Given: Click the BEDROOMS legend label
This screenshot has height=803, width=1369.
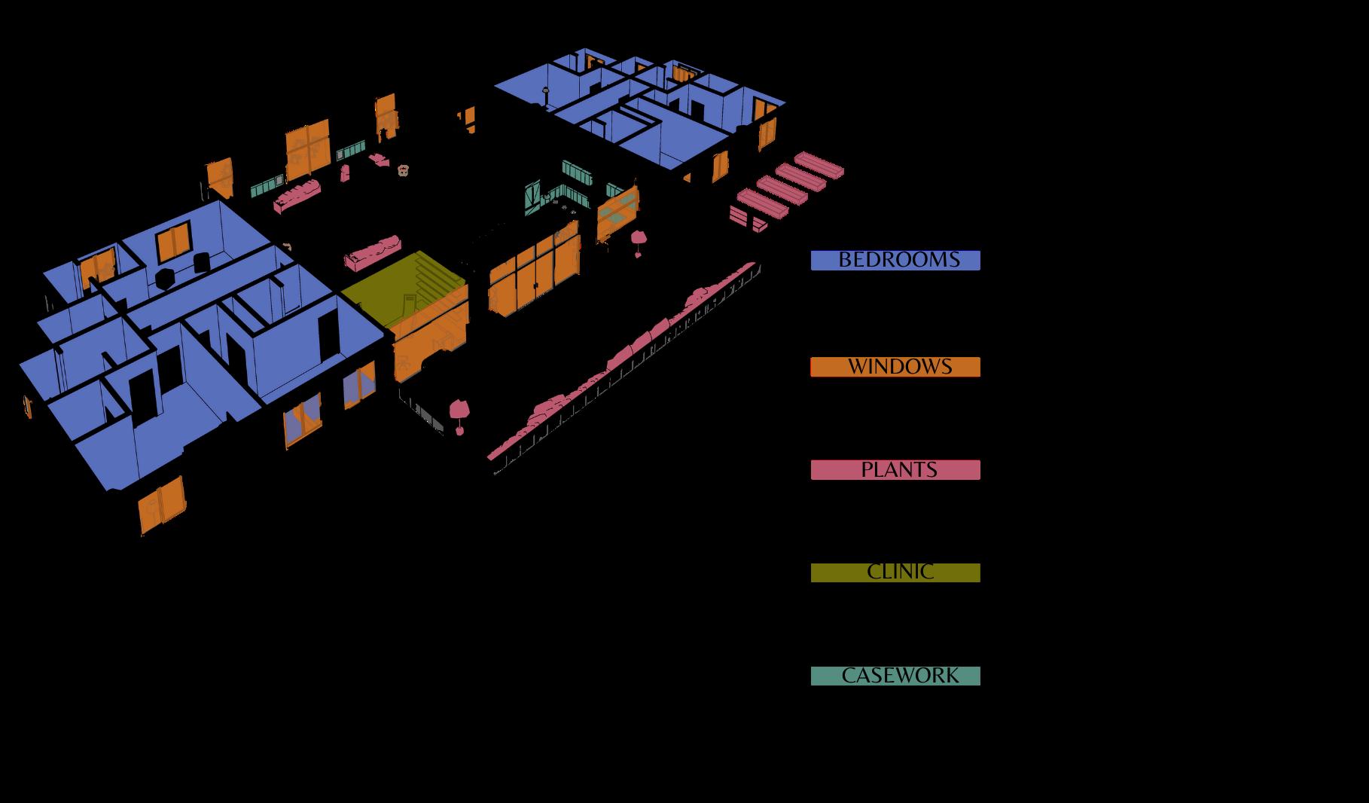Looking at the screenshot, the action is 895,261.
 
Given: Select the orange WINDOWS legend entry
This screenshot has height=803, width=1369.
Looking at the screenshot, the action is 895,367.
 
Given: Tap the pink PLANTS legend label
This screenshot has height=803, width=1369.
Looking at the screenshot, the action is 895,470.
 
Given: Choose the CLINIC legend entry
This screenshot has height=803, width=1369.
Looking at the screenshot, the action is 895,572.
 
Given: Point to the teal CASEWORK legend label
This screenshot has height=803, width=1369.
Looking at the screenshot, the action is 895,676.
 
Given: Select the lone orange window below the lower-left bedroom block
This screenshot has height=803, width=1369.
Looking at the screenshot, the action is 162,505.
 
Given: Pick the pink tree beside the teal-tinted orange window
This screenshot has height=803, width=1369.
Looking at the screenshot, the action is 639,240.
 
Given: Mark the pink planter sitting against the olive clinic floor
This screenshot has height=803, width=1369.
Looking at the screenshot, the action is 374,252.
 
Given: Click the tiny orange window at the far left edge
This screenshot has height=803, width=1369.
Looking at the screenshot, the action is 28,406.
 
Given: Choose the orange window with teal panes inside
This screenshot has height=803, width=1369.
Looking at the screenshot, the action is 618,209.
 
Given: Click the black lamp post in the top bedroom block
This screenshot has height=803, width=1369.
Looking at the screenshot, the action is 546,96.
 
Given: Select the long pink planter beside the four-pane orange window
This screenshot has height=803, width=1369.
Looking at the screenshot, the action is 297,195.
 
